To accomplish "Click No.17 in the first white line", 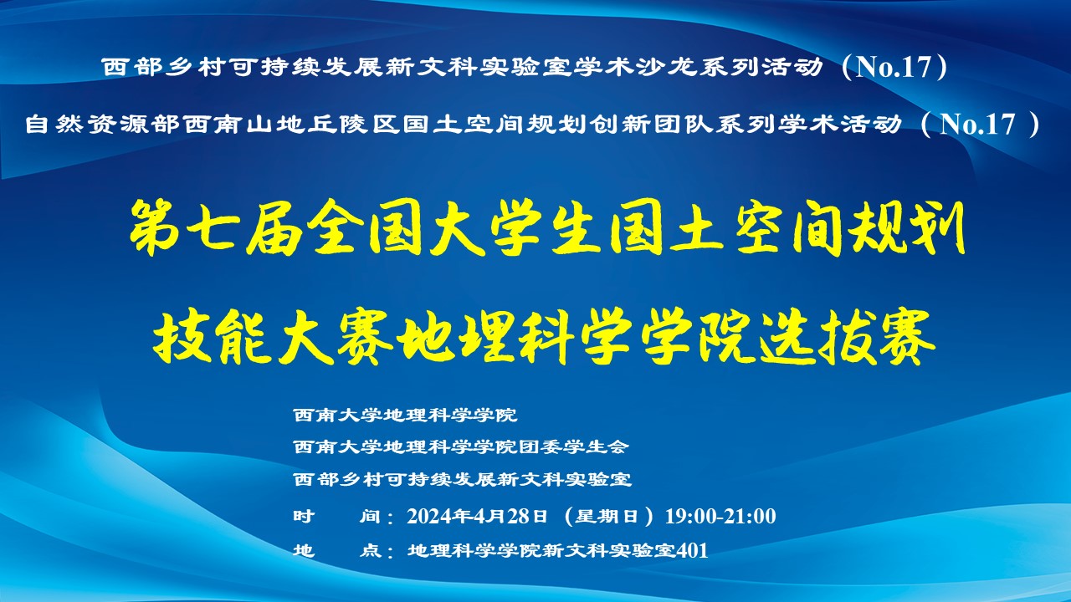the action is coord(894,67).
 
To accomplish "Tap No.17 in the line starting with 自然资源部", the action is coord(977,125).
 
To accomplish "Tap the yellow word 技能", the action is coord(213,337).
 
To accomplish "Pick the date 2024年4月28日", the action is coord(477,516).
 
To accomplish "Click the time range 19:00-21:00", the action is coord(720,516).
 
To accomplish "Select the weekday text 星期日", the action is coord(607,516).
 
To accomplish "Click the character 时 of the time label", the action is coord(304,516).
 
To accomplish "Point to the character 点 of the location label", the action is coord(371,551).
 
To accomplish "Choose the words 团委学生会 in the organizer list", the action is coord(573,447).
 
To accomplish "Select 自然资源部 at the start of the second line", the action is coord(102,125).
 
